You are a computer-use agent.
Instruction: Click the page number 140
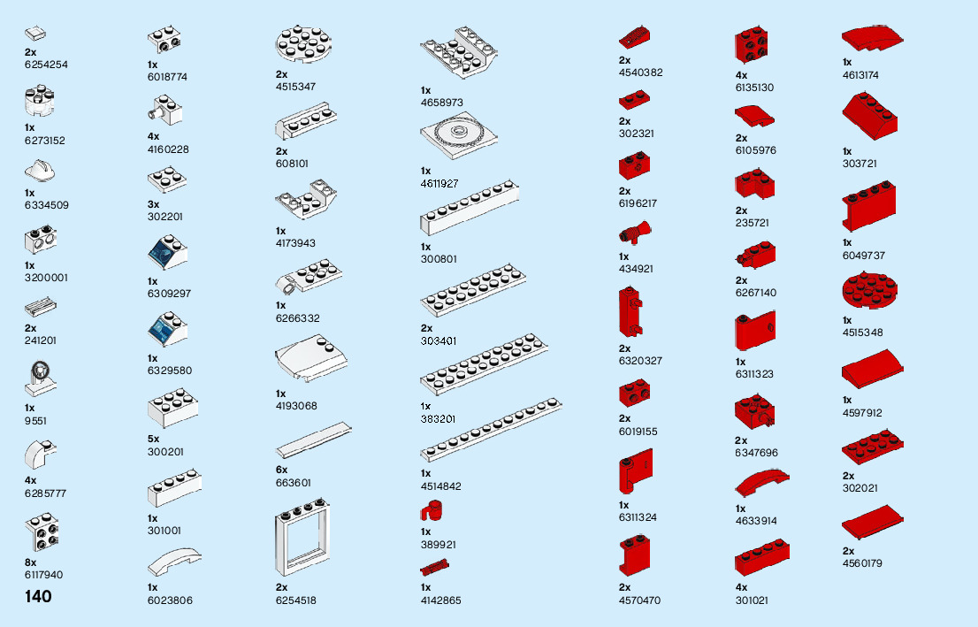click(x=39, y=597)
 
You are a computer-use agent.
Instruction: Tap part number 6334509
click(x=47, y=205)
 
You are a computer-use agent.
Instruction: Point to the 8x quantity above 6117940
click(x=31, y=562)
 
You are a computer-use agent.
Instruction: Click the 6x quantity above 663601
click(x=281, y=470)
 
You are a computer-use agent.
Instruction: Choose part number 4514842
click(x=441, y=486)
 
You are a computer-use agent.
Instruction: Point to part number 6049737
click(x=864, y=256)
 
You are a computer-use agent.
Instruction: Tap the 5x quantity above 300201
click(x=153, y=439)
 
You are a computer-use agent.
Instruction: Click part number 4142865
click(x=441, y=600)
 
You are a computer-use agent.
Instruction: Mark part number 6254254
click(x=47, y=65)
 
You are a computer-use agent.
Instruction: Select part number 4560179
click(x=862, y=563)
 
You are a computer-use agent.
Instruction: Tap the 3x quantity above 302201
click(x=153, y=204)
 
